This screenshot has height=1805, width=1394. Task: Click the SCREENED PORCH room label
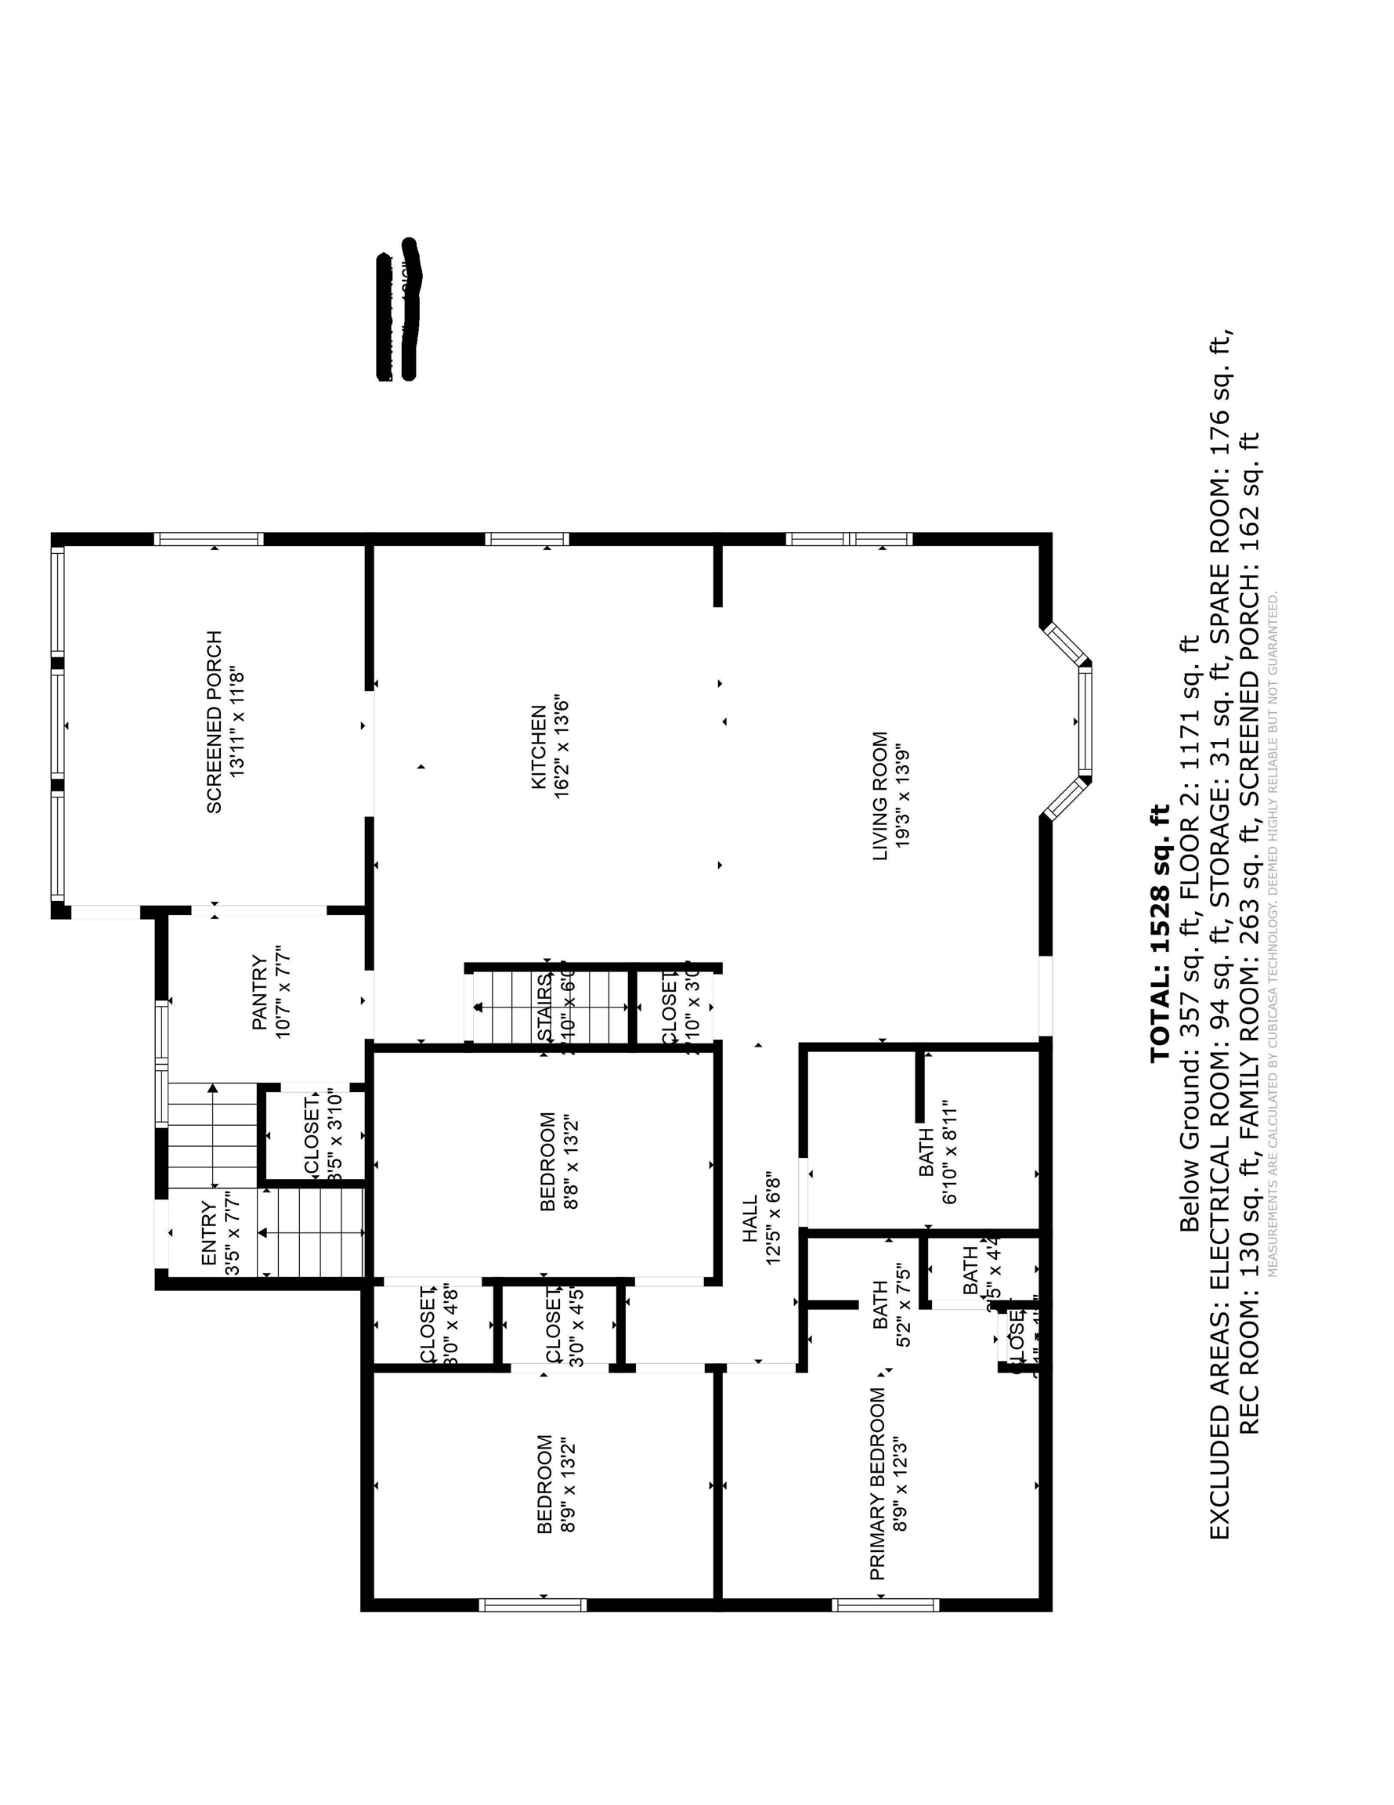(x=214, y=722)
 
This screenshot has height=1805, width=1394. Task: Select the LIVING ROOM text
(x=880, y=795)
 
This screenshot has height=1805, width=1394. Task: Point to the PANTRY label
(x=259, y=993)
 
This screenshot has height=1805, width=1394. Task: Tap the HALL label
(x=749, y=1219)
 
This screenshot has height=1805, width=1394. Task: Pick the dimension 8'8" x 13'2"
(x=571, y=1161)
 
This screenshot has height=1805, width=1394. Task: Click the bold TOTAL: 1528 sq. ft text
(x=1159, y=932)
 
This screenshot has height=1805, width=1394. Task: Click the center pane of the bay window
(x=1085, y=721)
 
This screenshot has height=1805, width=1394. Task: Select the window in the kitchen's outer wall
(x=526, y=540)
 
